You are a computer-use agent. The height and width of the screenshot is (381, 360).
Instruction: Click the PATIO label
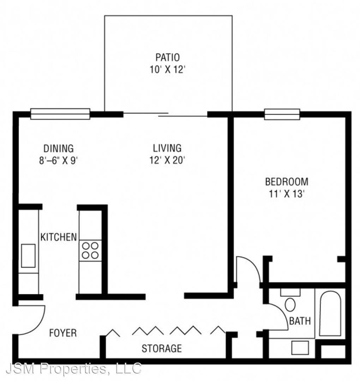click(168, 58)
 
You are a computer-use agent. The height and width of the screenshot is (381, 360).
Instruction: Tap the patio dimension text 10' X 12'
click(168, 70)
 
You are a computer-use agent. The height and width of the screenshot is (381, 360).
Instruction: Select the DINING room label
click(58, 148)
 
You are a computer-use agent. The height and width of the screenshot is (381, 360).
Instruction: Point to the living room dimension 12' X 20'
click(168, 160)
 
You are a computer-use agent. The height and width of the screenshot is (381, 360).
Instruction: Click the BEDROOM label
click(287, 182)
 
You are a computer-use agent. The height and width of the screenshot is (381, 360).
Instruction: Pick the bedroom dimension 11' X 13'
click(287, 194)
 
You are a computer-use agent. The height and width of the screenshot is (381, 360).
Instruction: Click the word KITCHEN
click(58, 237)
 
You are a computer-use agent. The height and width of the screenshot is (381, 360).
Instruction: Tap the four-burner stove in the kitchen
click(90, 250)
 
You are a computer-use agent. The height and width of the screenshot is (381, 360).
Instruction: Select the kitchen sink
click(29, 256)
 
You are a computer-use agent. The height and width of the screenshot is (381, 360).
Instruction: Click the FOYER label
click(63, 333)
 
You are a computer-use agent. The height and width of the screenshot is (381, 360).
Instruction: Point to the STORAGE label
click(162, 349)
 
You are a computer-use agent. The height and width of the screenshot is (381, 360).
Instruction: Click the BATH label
click(300, 321)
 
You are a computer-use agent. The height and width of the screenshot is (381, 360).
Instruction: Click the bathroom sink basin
click(300, 348)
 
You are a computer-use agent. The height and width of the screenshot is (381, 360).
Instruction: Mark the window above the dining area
click(60, 114)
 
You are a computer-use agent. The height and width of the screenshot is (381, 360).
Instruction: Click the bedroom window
click(282, 114)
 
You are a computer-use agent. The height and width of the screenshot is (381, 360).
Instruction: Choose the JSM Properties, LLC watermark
click(74, 368)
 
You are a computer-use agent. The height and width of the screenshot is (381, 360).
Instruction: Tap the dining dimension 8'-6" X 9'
click(58, 161)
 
